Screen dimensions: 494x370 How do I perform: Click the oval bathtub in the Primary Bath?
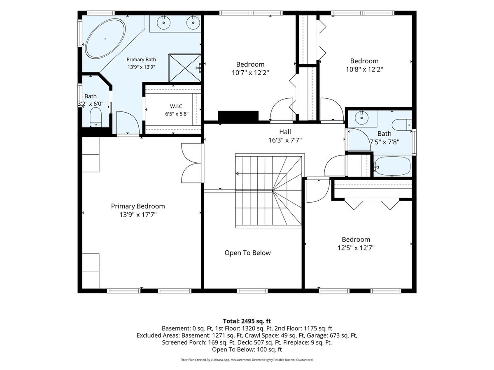point(105,38)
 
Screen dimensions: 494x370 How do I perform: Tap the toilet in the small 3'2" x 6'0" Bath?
point(96,117)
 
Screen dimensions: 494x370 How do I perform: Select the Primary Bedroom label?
point(138,206)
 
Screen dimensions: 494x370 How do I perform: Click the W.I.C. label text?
point(177,106)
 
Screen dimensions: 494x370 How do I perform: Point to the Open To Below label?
point(247,253)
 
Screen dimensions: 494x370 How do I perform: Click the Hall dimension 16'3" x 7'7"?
point(285,140)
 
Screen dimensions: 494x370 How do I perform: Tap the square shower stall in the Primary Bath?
point(185,68)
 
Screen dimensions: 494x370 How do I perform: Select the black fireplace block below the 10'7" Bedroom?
point(238,116)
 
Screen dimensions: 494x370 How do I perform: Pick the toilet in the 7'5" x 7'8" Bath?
point(402,125)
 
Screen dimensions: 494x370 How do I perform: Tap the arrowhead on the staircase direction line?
point(237,173)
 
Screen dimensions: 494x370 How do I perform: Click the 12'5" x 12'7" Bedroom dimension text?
point(356,248)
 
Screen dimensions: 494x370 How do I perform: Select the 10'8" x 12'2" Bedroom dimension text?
point(364,69)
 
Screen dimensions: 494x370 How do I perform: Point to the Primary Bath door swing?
point(128,123)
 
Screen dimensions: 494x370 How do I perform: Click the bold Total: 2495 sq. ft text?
point(247,321)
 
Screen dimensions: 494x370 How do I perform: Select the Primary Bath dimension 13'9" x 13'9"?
point(141,67)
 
